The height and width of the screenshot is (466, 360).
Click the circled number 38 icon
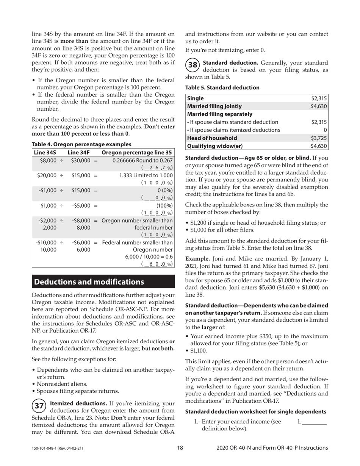(193, 65)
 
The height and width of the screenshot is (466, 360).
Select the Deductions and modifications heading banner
(103, 282)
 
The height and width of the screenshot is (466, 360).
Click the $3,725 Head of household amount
(319, 138)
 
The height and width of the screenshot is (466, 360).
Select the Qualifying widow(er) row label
(214, 146)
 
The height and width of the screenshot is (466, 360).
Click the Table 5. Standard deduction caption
(222, 88)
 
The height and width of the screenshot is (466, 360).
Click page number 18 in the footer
(180, 448)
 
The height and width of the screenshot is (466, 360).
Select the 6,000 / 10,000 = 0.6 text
(149, 256)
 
